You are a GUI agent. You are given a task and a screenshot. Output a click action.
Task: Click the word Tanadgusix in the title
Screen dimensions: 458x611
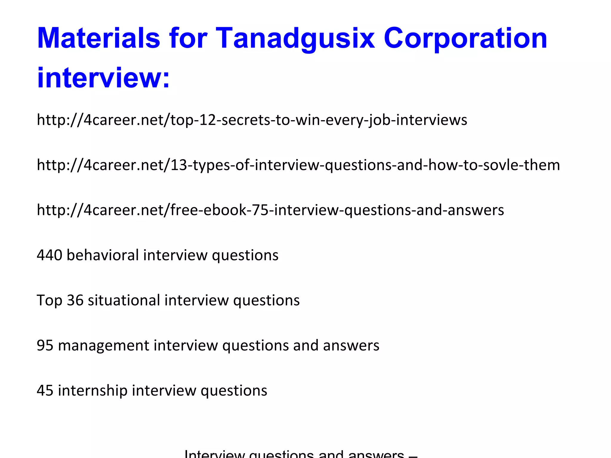(295, 39)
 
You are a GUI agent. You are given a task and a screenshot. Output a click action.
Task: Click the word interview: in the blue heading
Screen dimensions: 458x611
(103, 78)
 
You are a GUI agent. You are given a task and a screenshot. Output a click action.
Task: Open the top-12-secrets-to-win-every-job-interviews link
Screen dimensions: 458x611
(252, 120)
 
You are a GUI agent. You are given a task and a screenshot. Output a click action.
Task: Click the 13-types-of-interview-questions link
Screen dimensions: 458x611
(298, 165)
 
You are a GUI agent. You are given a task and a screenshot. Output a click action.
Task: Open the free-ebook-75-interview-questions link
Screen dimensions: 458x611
(270, 210)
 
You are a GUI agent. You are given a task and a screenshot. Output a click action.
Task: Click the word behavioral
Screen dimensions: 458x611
(103, 255)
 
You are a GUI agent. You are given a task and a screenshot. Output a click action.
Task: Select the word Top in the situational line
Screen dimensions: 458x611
(49, 301)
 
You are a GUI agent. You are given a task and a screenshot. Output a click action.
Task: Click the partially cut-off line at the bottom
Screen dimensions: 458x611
(301, 454)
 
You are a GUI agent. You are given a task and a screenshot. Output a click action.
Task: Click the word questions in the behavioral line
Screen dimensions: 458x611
(245, 256)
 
